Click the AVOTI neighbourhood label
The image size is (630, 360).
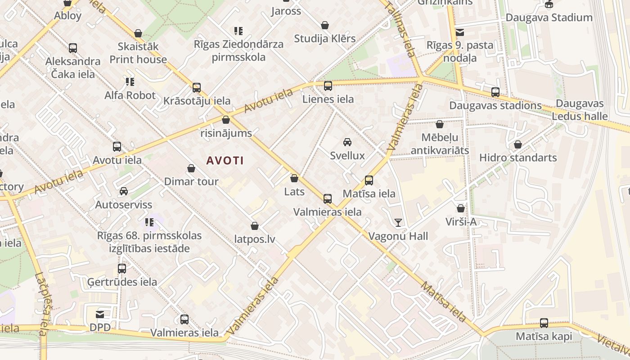coord(225,160)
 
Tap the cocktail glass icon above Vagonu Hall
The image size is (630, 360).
coord(398,222)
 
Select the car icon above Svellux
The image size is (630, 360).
coord(347,142)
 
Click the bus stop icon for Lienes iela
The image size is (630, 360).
coord(328,85)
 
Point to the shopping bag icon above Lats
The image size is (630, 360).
coord(294,179)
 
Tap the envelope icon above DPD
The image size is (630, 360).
coord(100,314)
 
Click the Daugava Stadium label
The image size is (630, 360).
coord(549,18)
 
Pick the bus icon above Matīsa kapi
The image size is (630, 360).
coord(544,323)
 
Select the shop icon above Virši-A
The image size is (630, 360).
coord(461,208)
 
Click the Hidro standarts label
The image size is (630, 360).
coord(518,157)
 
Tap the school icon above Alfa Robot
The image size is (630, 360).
coord(130,82)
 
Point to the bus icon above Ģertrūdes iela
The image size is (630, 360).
coord(122,269)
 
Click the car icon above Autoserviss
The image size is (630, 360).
coord(124,191)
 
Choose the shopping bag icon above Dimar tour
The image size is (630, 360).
coord(191,168)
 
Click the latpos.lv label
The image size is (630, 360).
coord(255,239)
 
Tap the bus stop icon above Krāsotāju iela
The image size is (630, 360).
coord(197,87)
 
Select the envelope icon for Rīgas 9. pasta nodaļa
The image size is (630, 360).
coord(460,32)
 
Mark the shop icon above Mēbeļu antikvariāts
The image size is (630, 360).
coord(440,124)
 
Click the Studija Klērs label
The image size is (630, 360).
coord(325,39)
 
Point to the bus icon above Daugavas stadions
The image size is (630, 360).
coord(495,92)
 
